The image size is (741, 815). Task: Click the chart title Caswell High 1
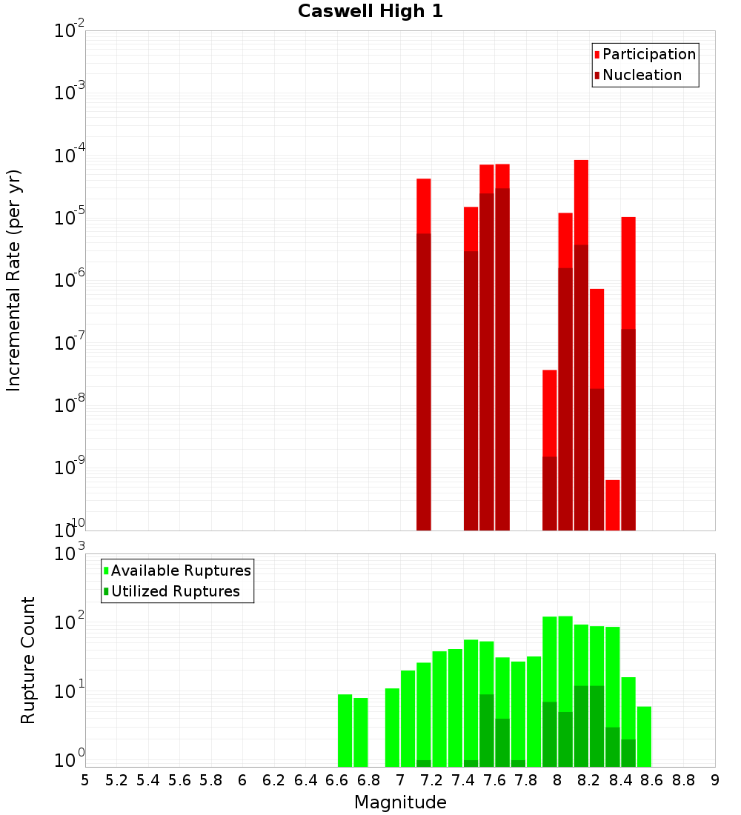pos(370,12)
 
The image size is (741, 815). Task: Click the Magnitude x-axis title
pos(400,802)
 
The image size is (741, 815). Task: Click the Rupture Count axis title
pos(28,660)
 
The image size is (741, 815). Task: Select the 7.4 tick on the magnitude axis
pos(463,780)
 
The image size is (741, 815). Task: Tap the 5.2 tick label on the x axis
pos(117,780)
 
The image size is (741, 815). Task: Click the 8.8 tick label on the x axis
pos(684,780)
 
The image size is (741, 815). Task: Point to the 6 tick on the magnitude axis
pos(242,780)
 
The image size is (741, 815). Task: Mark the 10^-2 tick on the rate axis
pos(70,31)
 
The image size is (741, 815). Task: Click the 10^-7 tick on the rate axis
pos(70,343)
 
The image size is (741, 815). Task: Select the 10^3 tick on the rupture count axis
pos(70,554)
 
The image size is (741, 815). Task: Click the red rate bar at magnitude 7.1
pos(424,356)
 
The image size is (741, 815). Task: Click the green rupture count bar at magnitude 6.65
pos(345,731)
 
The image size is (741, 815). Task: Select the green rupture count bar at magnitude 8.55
pos(644,736)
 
